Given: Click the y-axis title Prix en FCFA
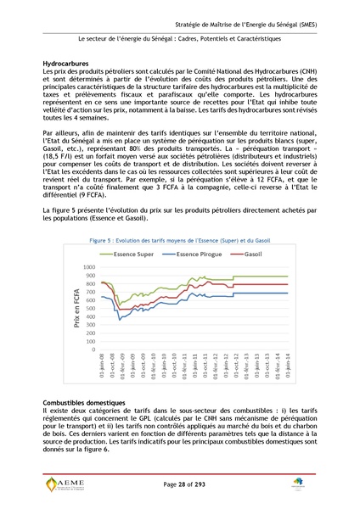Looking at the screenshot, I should click(77, 309).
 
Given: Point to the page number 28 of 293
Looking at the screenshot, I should click(180, 483).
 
